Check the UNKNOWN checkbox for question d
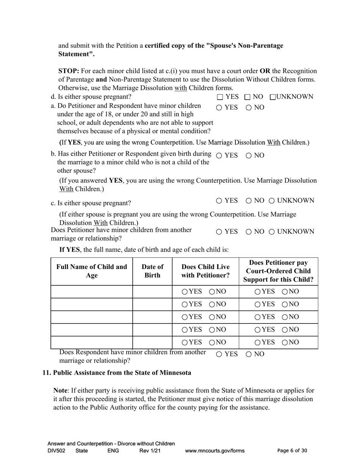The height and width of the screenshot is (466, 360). (x=273, y=97)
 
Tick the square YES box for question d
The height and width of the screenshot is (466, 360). (x=220, y=97)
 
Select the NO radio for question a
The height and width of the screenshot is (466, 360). (x=249, y=108)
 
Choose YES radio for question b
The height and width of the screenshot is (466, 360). (x=219, y=156)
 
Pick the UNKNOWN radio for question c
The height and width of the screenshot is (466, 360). (x=272, y=201)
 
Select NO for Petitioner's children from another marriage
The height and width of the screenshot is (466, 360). (x=249, y=232)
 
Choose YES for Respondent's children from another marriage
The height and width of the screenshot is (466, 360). (x=219, y=355)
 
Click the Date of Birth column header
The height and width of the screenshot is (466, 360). (x=152, y=271)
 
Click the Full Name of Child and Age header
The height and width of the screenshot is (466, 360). (x=92, y=271)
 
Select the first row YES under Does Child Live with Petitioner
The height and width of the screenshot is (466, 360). (x=185, y=292)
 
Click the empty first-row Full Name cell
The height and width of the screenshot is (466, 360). (x=92, y=292)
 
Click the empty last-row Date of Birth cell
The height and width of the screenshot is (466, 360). (x=152, y=342)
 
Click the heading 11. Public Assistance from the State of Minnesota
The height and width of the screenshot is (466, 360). (x=117, y=373)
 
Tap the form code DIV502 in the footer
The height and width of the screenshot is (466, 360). (x=56, y=451)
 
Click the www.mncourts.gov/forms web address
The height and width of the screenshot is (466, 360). (x=214, y=451)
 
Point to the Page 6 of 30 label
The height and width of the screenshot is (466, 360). (x=292, y=451)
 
